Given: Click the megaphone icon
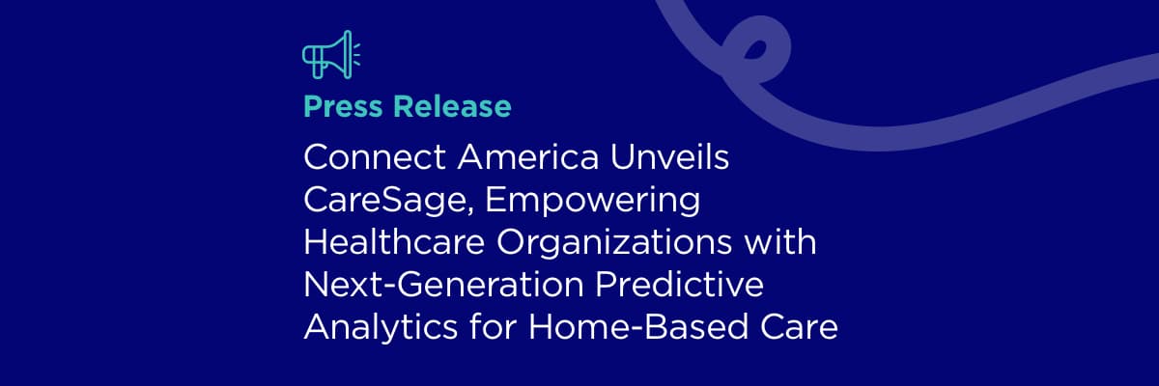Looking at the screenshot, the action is [331, 55].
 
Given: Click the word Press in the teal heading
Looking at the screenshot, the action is [343, 106].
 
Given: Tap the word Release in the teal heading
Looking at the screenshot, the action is [452, 106].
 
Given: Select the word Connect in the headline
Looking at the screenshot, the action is [375, 156].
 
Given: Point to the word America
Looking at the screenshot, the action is [527, 156].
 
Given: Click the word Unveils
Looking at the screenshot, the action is [670, 156].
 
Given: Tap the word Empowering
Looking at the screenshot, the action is [592, 201].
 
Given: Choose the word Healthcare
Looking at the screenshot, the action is [394, 242].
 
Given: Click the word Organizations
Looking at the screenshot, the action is [614, 242].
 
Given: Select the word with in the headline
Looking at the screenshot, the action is [780, 242].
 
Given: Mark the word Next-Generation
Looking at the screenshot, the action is [443, 285].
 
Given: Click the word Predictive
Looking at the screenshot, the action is [679, 285].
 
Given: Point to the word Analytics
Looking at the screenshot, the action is [381, 327].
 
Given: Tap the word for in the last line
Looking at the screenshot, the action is [494, 327].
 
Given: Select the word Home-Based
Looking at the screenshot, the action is [638, 327].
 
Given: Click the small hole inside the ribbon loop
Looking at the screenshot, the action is [755, 49].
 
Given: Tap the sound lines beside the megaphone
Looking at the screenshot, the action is [357, 54].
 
